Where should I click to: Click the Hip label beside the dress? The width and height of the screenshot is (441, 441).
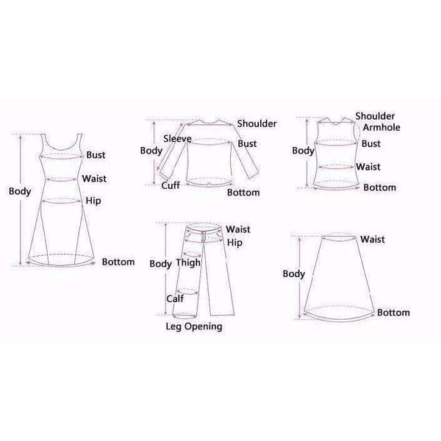(x=93, y=201)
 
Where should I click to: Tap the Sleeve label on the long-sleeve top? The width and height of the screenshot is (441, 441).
(x=177, y=139)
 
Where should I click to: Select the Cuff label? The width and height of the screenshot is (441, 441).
(x=171, y=185)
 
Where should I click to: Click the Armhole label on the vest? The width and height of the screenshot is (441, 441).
(x=381, y=127)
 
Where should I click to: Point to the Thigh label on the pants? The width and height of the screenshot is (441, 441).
(x=188, y=263)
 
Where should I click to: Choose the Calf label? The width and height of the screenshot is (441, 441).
(x=175, y=298)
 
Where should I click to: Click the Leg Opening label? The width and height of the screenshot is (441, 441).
(x=194, y=326)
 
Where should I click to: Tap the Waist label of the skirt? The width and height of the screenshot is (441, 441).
(x=373, y=240)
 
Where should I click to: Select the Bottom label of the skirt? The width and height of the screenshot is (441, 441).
(x=393, y=312)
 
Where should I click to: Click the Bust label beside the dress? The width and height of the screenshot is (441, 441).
(x=96, y=155)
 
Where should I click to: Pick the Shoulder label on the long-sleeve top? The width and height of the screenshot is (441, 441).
(x=257, y=123)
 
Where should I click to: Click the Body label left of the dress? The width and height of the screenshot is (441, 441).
(x=20, y=192)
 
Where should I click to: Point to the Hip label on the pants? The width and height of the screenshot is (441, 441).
(x=234, y=243)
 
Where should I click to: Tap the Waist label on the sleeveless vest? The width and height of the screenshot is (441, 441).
(x=368, y=167)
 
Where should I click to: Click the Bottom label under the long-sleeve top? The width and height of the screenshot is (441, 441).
(x=243, y=193)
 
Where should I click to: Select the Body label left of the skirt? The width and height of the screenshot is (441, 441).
(x=293, y=274)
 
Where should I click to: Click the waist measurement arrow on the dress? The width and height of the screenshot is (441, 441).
(x=62, y=179)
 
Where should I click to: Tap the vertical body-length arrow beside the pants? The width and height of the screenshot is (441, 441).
(x=166, y=269)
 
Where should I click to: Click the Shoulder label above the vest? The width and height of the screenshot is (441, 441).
(x=375, y=116)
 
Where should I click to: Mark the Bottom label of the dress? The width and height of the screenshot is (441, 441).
(x=118, y=262)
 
